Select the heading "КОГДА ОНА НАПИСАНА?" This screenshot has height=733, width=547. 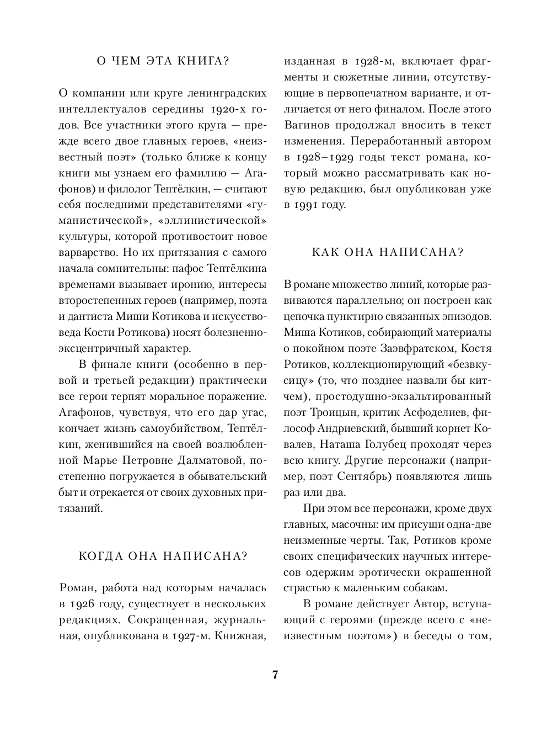click(163, 556)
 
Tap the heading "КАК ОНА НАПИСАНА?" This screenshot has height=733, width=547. click(388, 253)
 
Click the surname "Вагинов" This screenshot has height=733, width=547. click(306, 125)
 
